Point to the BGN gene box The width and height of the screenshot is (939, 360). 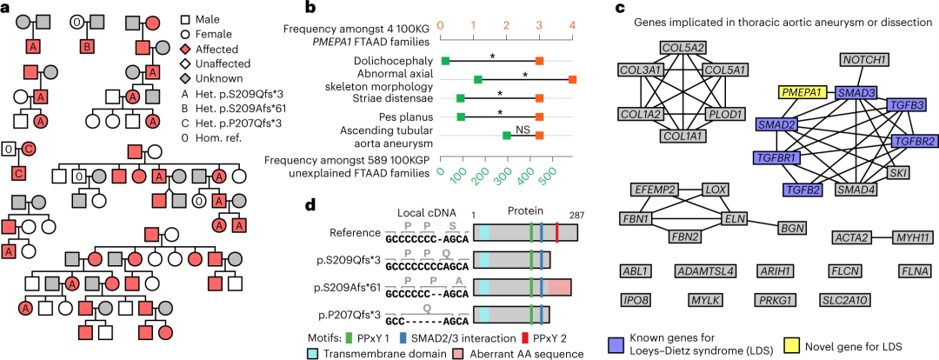[791, 228]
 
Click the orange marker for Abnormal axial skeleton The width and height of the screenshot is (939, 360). [572, 80]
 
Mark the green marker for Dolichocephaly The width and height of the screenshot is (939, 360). [445, 61]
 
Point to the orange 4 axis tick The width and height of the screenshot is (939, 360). [572, 26]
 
